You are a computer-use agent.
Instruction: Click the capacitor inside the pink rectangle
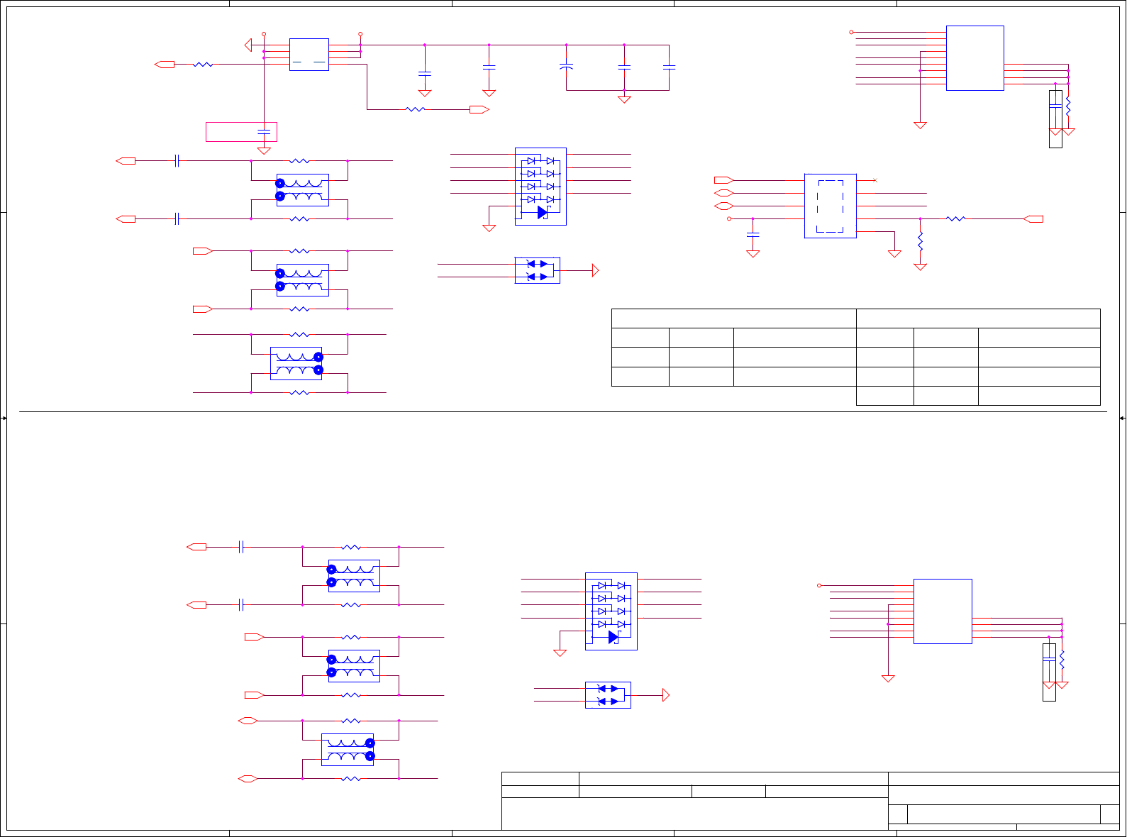[264, 132]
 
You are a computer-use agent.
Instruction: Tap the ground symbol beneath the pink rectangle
[264, 150]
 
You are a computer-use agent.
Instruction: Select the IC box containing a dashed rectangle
[830, 206]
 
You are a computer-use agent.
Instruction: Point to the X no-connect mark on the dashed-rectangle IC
[875, 180]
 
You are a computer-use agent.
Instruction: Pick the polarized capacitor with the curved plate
[566, 67]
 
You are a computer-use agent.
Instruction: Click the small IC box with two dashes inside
[309, 55]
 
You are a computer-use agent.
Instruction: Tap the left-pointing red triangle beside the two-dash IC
[248, 45]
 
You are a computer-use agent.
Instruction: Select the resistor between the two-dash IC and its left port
[203, 65]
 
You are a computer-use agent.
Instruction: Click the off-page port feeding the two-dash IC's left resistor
[165, 65]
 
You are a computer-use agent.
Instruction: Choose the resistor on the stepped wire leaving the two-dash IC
[415, 109]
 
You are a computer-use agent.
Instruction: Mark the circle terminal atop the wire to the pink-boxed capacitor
[264, 33]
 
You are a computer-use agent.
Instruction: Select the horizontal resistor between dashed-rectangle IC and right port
[955, 219]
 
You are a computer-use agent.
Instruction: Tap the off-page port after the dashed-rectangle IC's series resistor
[1034, 219]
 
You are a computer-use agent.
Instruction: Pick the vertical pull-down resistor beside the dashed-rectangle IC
[920, 242]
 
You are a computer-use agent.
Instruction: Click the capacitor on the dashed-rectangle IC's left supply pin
[753, 233]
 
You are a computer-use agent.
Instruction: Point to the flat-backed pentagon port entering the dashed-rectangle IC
[723, 180]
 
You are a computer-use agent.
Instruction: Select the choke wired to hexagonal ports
[348, 750]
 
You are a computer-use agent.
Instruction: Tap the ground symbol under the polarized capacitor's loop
[624, 99]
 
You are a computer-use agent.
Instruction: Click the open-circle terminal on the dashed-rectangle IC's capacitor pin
[729, 219]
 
